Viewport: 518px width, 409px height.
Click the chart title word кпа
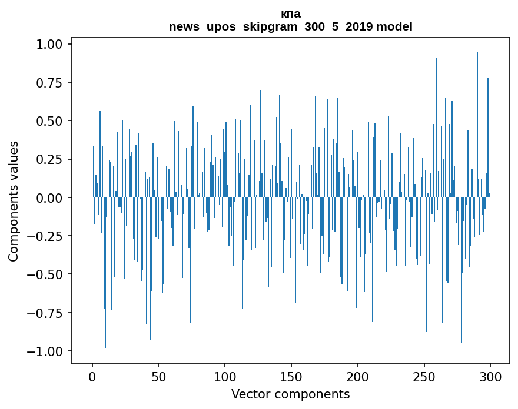291,14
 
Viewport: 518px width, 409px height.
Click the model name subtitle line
291,26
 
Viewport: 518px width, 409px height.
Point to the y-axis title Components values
14,201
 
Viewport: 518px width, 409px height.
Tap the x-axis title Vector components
291,394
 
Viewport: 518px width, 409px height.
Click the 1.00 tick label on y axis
51,45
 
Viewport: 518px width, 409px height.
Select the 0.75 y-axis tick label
51,83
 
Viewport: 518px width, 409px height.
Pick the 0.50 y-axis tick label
51,121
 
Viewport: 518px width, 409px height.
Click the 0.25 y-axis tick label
51,159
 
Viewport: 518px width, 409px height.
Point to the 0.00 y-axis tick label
51,198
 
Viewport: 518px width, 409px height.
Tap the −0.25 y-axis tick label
47,236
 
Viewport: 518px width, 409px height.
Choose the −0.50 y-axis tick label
47,274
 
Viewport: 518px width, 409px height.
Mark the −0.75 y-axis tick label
47,313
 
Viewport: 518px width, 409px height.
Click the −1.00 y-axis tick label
47,351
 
